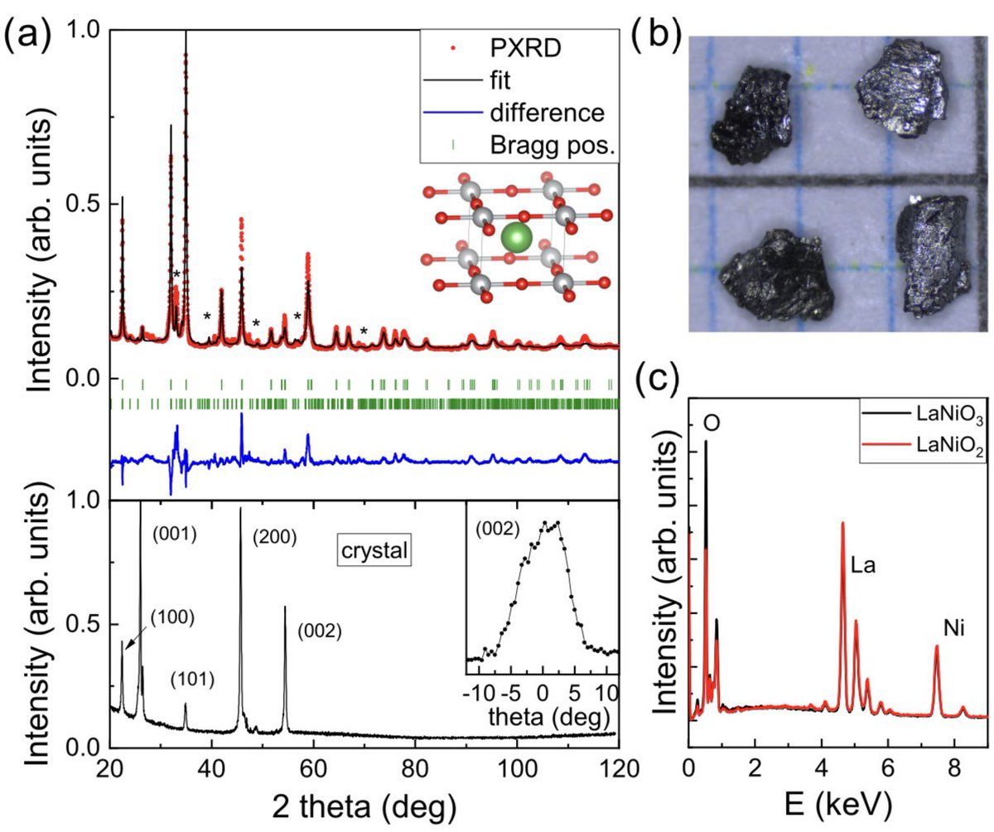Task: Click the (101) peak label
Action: (x=191, y=680)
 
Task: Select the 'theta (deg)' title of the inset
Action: (x=543, y=714)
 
